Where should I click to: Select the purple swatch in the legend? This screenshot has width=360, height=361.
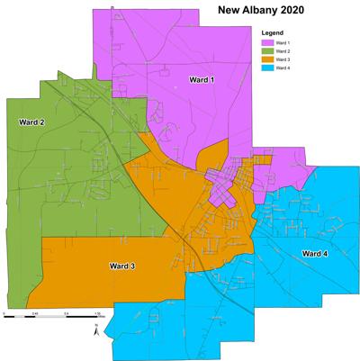tap(268, 43)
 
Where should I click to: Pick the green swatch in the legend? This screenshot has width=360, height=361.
tap(268, 51)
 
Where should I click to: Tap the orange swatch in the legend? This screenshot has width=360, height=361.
tap(268, 59)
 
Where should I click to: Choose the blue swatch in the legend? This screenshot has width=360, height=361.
tap(268, 68)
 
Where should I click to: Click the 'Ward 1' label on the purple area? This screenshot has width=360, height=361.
tap(202, 81)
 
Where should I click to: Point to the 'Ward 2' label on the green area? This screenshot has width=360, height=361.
tap(31, 121)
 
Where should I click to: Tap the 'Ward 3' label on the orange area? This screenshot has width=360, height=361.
tap(122, 266)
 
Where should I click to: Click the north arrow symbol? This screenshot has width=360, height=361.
tap(96, 332)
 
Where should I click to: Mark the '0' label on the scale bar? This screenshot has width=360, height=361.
tap(4, 312)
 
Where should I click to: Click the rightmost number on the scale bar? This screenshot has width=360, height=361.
tap(95, 312)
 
